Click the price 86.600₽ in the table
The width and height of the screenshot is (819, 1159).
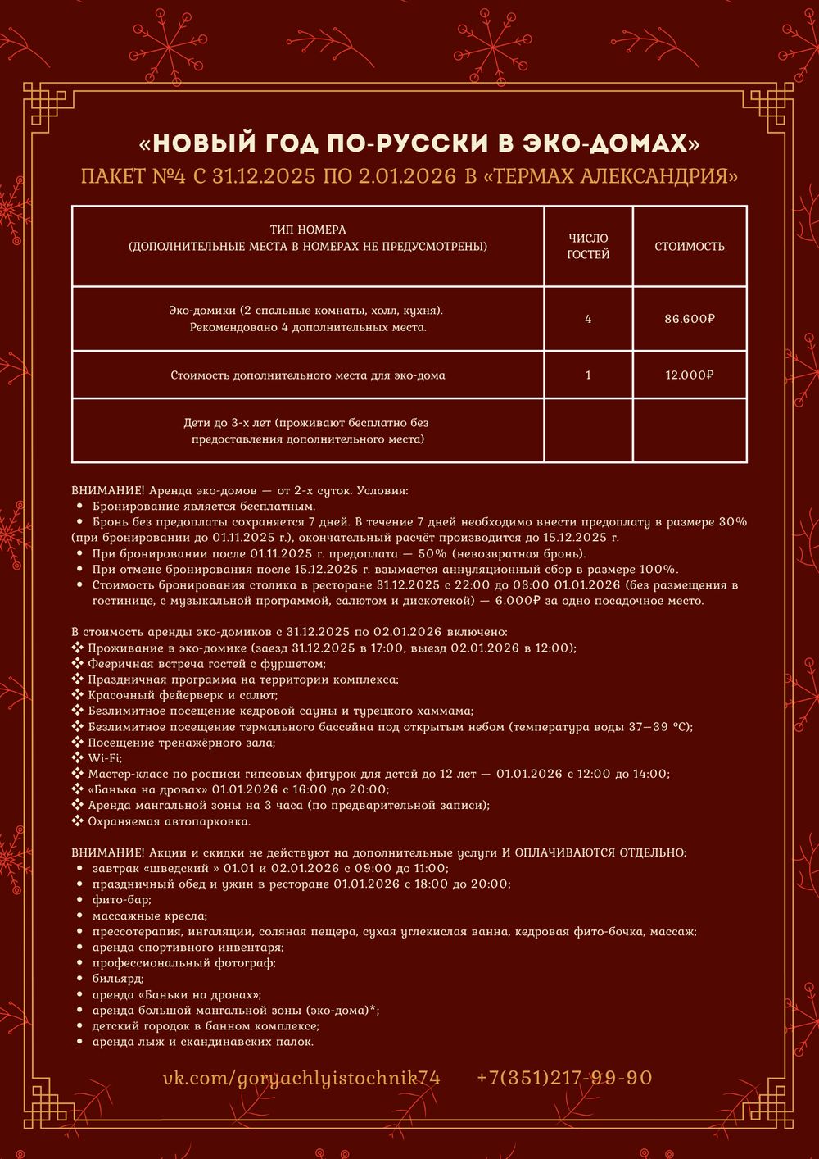689,319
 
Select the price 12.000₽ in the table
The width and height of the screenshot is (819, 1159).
689,375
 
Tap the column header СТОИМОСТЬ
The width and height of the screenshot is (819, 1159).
689,246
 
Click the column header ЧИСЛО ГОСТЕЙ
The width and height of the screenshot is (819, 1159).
588,246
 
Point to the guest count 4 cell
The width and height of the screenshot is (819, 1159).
588,319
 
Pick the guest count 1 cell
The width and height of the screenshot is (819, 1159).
588,375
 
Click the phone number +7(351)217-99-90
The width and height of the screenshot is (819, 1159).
564,1078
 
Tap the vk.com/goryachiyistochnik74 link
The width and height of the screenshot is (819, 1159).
301,1078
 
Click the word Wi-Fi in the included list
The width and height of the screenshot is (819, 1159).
105,758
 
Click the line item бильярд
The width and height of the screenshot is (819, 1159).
118,979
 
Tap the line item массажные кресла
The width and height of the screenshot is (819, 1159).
149,916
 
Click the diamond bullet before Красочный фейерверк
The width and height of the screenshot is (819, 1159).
78,695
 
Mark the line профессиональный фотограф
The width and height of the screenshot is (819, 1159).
183,963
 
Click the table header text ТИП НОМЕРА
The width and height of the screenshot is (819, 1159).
308,230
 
